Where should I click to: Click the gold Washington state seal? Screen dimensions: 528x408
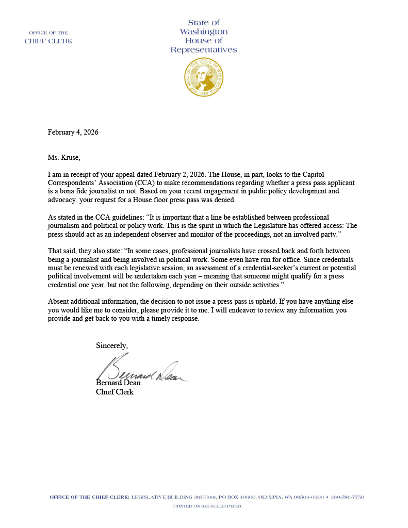coord(204,78)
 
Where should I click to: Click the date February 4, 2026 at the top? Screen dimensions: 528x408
coord(73,132)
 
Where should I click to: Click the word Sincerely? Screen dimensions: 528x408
coord(112,345)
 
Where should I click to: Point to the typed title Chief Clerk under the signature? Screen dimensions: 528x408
coord(115,392)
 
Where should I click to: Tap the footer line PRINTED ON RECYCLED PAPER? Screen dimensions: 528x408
coord(206,506)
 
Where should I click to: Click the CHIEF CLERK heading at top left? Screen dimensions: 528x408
coord(48,41)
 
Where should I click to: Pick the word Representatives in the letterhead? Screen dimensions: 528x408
coord(204,50)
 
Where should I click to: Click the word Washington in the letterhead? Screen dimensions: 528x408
coord(204,32)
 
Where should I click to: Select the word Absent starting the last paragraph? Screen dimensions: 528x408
coord(58,301)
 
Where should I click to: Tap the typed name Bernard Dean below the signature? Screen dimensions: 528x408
coord(118,383)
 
